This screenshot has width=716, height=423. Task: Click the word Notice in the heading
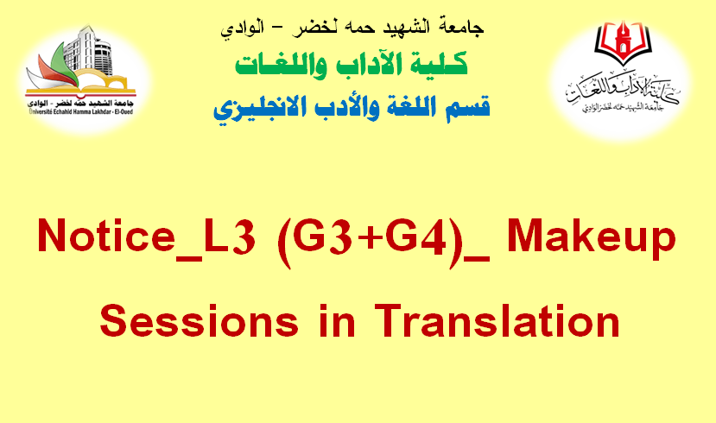click(x=106, y=236)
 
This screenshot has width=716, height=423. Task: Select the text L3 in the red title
click(x=229, y=236)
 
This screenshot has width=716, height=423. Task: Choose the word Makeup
click(x=591, y=239)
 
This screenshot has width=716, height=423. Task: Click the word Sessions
click(x=200, y=320)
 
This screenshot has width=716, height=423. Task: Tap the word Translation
click(x=497, y=320)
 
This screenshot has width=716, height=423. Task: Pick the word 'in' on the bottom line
click(x=337, y=320)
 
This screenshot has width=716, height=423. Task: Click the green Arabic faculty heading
click(x=352, y=65)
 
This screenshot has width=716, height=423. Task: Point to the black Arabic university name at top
click(x=352, y=28)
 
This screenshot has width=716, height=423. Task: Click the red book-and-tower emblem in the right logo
click(x=622, y=42)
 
